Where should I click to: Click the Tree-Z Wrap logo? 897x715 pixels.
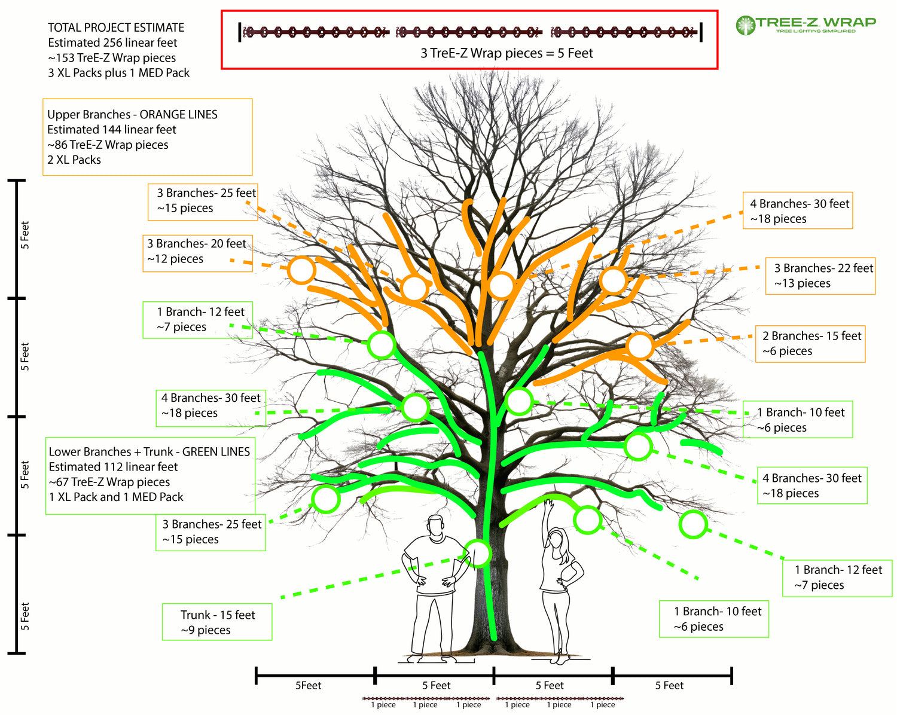(806, 25)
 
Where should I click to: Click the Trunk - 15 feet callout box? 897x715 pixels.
(217, 622)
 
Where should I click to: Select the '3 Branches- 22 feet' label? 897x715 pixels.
(820, 276)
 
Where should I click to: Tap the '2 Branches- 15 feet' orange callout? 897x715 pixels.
(811, 343)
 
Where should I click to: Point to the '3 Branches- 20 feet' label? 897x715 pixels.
(197, 251)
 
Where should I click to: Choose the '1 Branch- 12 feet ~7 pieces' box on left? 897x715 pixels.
(197, 319)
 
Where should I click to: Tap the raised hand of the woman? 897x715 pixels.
(547, 503)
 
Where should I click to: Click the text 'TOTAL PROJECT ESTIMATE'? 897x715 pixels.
(116, 27)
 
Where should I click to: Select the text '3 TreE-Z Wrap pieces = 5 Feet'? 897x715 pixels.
(507, 53)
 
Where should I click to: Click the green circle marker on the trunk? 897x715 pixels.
(477, 553)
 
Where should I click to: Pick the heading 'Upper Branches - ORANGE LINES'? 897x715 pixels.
(132, 114)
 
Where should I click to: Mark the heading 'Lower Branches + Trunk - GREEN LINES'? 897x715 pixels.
(149, 451)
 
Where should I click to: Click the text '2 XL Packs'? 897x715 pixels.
(74, 160)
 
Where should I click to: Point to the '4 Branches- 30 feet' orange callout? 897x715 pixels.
(798, 210)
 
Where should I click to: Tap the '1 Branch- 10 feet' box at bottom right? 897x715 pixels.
(713, 619)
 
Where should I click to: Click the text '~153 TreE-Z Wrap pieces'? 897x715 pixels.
(112, 58)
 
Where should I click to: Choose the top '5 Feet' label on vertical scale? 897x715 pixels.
(25, 235)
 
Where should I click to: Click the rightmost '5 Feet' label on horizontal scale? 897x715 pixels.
(669, 686)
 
